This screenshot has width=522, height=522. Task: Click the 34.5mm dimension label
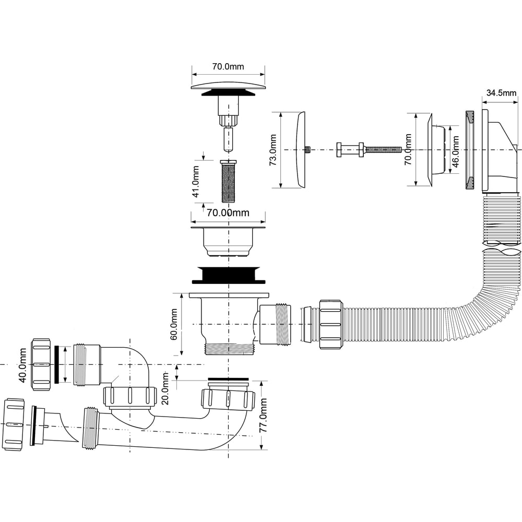coord(501,93)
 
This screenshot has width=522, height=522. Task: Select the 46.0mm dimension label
coord(455,151)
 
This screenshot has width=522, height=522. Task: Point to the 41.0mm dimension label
coord(196,182)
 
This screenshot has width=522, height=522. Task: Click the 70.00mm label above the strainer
coord(228,213)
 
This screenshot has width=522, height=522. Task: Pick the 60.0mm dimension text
coord(173,324)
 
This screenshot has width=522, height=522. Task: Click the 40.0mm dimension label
coord(22,365)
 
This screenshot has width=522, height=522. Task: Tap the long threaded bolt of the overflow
coord(383,149)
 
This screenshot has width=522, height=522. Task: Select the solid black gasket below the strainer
coord(229,275)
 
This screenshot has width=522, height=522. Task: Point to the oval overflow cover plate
coord(300,149)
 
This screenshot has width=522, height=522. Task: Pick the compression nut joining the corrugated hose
coord(331,324)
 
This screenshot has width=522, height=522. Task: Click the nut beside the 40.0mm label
coord(41,364)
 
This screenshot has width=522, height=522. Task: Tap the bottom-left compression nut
coord(14,424)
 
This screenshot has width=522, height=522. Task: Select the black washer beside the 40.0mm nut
coord(56,364)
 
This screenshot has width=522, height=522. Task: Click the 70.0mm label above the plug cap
coord(228,67)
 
